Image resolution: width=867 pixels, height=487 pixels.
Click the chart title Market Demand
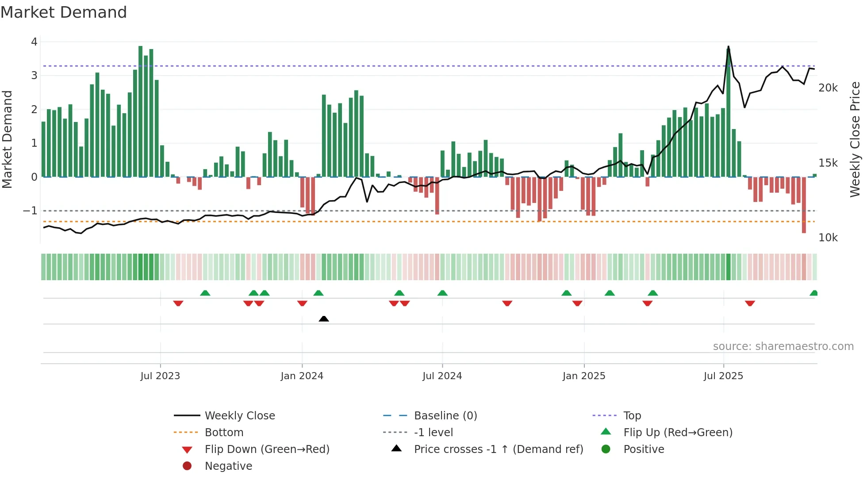64,12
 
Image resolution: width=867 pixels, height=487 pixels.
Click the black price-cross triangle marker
324,319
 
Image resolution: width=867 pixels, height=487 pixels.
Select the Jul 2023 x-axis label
160,376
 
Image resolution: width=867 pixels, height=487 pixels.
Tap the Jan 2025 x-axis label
584,376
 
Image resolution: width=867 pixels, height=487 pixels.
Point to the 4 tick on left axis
34,42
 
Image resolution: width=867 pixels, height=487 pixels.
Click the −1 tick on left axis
31,211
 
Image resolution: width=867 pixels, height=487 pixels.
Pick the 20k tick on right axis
828,88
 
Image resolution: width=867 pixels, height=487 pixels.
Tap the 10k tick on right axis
828,238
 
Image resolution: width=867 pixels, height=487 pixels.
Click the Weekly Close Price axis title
855,139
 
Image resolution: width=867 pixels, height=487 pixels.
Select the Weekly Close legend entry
240,416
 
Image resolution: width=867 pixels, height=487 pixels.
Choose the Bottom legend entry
224,433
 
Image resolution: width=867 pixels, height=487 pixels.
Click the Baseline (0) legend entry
445,416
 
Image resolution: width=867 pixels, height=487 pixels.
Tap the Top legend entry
632,416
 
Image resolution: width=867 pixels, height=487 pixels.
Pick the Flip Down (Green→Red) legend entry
267,449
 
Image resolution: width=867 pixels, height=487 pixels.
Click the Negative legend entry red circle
187,466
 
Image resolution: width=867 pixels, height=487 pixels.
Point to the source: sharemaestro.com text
783,346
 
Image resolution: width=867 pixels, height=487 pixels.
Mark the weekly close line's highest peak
729,46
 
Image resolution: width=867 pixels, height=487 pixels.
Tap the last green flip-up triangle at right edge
814,293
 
